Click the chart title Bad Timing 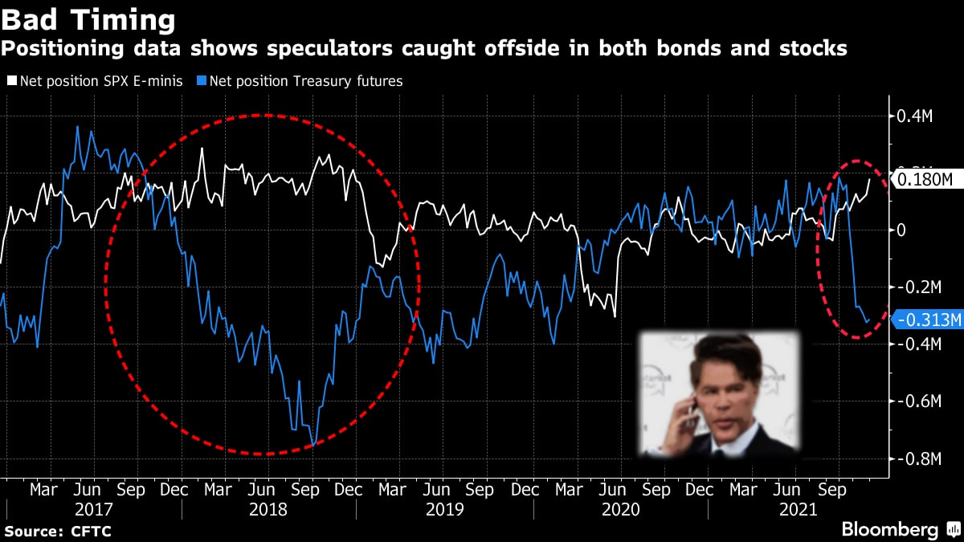coord(88,19)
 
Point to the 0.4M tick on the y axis coord(914,116)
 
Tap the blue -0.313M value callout coord(928,319)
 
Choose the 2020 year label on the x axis coord(621,509)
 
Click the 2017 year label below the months coord(94,509)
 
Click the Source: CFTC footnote coord(58,531)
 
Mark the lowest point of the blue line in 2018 coord(313,444)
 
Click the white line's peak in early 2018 coord(202,149)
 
